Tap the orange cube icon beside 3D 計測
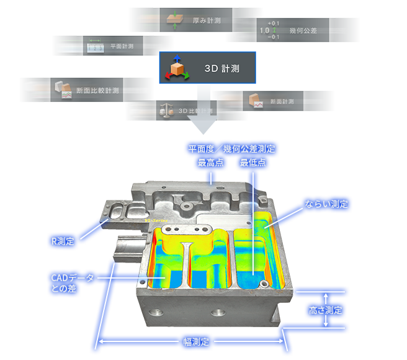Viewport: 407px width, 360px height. pos(178,69)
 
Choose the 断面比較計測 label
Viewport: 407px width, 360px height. pos(97,91)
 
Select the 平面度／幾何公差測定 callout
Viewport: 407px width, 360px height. pos(231,148)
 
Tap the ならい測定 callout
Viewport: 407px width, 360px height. pos(326,204)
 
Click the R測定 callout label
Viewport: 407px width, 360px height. pos(64,240)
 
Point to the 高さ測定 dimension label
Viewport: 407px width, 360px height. pos(325,309)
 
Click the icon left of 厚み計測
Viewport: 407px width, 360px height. pos(172,19)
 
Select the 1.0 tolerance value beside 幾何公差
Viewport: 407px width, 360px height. pos(264,30)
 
